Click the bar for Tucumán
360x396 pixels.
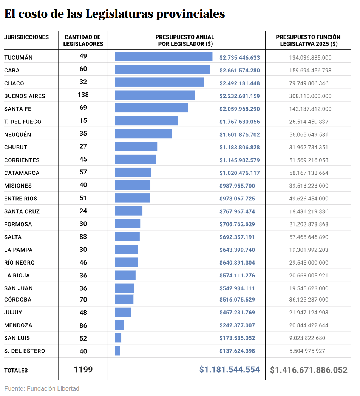[164, 57]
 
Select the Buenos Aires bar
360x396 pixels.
[155, 95]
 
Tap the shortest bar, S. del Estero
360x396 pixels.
[117, 351]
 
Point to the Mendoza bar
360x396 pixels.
[119, 325]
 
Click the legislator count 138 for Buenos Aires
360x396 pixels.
[83, 95]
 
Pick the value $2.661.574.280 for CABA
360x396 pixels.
[239, 70]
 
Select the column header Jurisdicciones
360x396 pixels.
[26, 37]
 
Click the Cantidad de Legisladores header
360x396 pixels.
[83, 40]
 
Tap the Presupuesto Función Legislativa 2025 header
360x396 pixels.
[308, 40]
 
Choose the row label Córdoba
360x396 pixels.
[18, 300]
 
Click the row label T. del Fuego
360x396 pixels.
[23, 122]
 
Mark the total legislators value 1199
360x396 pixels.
[83, 370]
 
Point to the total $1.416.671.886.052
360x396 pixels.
[309, 370]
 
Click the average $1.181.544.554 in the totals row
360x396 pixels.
[230, 370]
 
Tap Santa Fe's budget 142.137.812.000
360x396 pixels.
[310, 109]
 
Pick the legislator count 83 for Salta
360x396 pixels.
[83, 237]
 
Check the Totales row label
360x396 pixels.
[16, 371]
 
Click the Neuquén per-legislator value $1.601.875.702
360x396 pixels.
[239, 134]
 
